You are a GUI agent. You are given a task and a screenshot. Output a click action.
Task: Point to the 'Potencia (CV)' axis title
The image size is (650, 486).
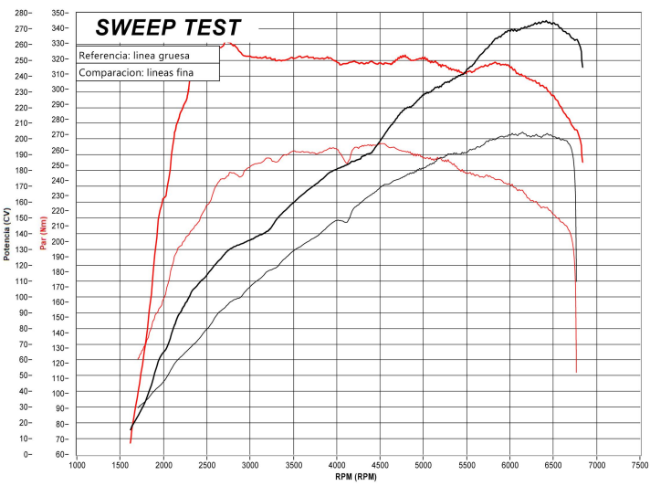tap(6, 234)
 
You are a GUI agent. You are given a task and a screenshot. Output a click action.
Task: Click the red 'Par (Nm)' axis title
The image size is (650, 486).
tap(43, 234)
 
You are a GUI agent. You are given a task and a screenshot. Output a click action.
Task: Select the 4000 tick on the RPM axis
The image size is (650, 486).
tap(337, 463)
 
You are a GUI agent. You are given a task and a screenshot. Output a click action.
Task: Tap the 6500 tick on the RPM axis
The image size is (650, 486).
tap(553, 463)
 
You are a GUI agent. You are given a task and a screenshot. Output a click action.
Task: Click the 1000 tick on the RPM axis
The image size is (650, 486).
tap(77, 463)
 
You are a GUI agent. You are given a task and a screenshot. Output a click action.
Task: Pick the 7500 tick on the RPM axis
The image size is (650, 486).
tap(640, 463)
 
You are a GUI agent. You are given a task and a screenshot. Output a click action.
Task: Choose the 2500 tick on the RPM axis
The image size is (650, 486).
tap(207, 463)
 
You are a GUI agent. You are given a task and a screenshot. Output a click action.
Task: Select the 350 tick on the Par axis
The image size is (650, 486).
tap(59, 14)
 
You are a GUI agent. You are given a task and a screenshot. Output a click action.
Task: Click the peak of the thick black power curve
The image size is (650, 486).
tap(546, 21)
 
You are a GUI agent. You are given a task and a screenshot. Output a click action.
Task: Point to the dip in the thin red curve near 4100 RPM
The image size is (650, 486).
tap(345, 164)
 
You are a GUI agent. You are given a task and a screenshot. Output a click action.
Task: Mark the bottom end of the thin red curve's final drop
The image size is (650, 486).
tap(576, 372)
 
